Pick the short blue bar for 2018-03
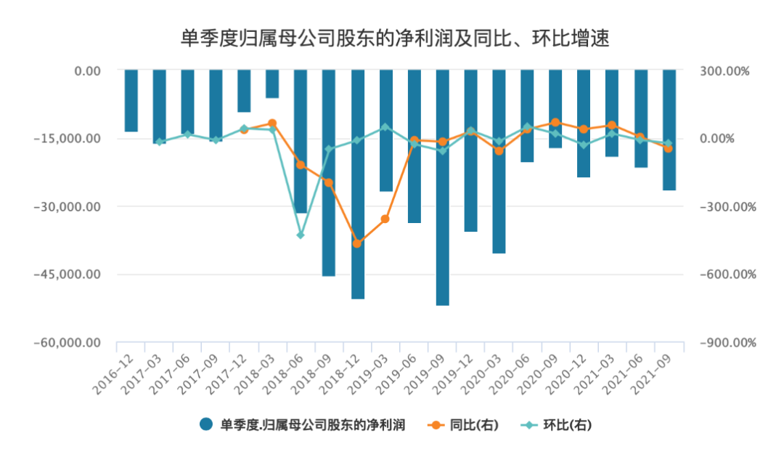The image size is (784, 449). click(x=272, y=84)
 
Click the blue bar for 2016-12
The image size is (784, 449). click(x=131, y=100)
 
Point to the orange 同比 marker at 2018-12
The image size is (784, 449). click(x=357, y=243)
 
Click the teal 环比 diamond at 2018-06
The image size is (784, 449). click(x=301, y=235)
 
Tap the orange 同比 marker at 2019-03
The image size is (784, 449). click(x=385, y=219)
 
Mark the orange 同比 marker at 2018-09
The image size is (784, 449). click(x=329, y=182)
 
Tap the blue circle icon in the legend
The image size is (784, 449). click(x=206, y=426)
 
